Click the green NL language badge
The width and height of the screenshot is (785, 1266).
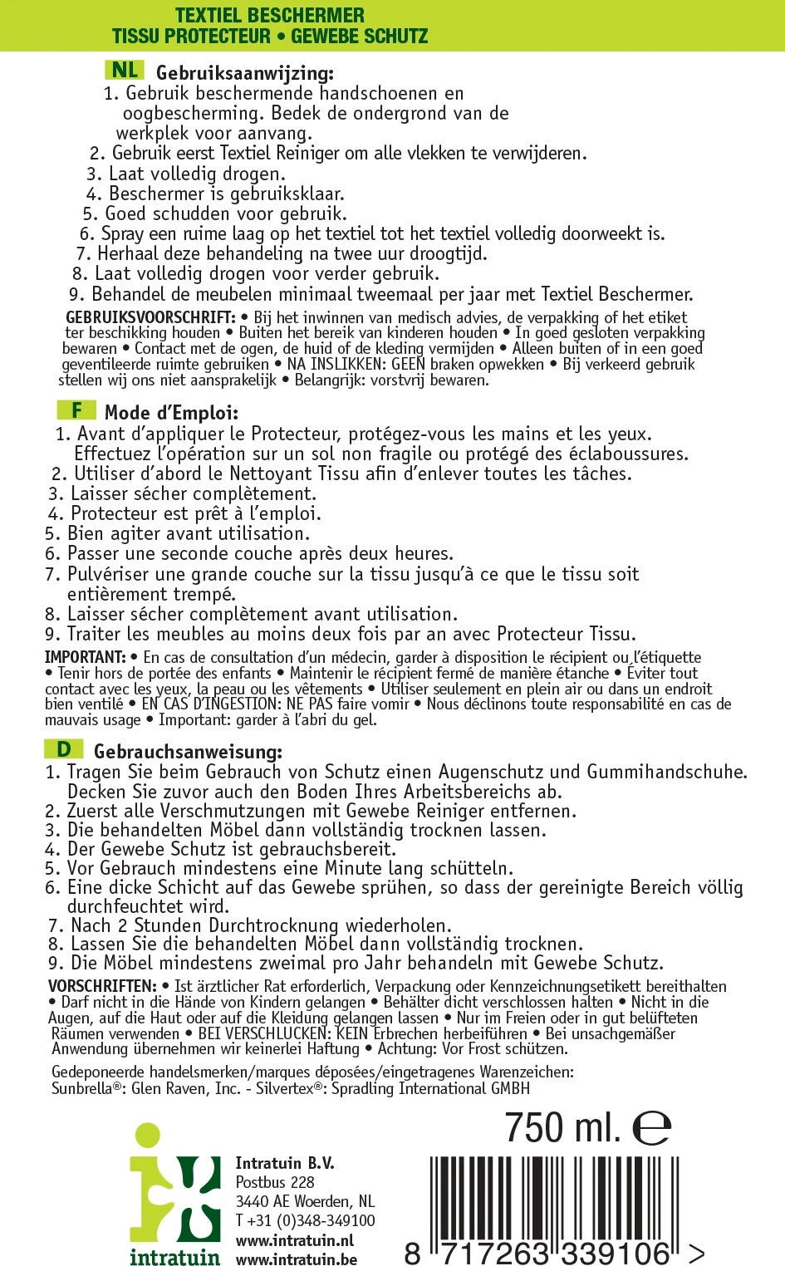pyautogui.click(x=125, y=70)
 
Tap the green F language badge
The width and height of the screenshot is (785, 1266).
pyautogui.click(x=76, y=410)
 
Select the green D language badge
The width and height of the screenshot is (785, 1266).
pyautogui.click(x=64, y=749)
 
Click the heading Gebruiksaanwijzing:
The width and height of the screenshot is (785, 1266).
pyautogui.click(x=245, y=74)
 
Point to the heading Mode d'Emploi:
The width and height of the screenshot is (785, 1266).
pyautogui.click(x=171, y=413)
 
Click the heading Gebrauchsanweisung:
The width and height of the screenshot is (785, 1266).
pyautogui.click(x=188, y=752)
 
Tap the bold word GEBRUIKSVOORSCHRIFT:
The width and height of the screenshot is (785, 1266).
pyautogui.click(x=150, y=317)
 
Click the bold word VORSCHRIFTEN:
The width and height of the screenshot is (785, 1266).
pyautogui.click(x=102, y=986)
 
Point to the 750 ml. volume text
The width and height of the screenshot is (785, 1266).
pyautogui.click(x=562, y=1127)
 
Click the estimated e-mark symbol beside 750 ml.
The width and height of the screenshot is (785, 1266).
pyautogui.click(x=651, y=1128)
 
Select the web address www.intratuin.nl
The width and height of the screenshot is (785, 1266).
pyautogui.click(x=294, y=1240)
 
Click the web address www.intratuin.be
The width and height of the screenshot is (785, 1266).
pyautogui.click(x=296, y=1259)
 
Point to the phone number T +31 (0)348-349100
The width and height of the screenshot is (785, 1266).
pyautogui.click(x=305, y=1220)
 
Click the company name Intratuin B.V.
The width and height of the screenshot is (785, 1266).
pyautogui.click(x=285, y=1163)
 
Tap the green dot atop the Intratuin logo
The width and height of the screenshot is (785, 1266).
pyautogui.click(x=147, y=1136)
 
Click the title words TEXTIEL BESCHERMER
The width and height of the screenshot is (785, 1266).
pyautogui.click(x=269, y=15)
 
